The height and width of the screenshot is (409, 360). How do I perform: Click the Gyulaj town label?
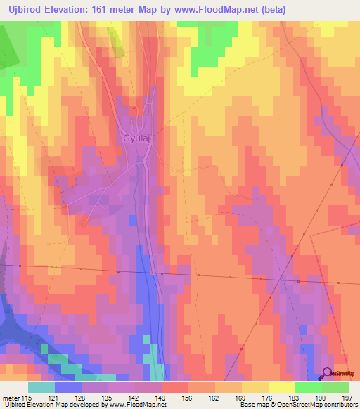(x=138, y=138)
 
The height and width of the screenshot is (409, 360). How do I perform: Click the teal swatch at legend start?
(x=41, y=387)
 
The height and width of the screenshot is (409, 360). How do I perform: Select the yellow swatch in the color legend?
(x=281, y=387)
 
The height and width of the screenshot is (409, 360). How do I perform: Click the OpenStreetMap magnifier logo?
(x=328, y=375)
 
